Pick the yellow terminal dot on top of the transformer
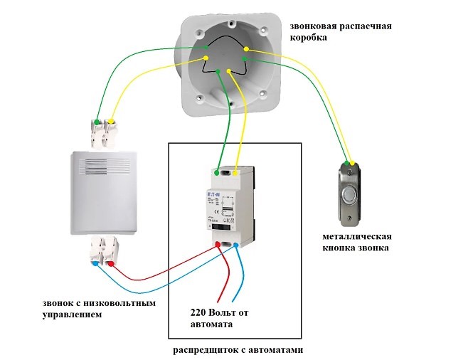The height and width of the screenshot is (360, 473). click(x=235, y=171)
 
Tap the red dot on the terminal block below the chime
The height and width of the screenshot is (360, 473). click(x=111, y=263)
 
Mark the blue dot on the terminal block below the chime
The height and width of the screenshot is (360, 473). click(x=95, y=263)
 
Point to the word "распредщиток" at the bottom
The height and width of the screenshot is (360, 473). click(x=206, y=350)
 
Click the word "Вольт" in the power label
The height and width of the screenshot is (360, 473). click(x=228, y=312)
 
